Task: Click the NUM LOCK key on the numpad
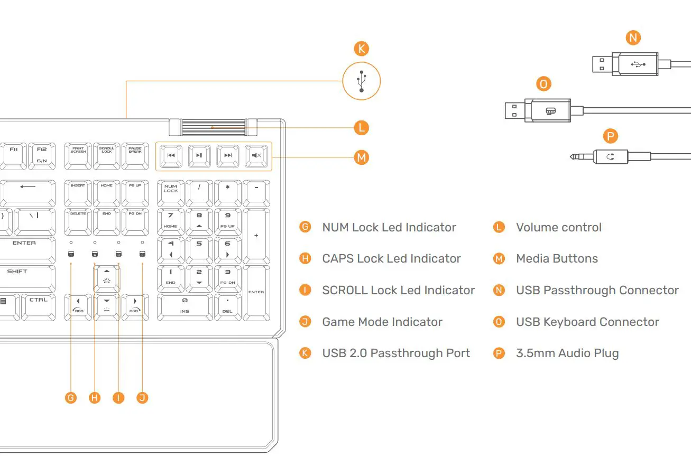tap(171, 193)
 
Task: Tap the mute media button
tap(256, 156)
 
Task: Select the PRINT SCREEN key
tap(78, 156)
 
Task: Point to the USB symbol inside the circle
tap(361, 81)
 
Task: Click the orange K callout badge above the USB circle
tap(361, 49)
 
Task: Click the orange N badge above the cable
tap(632, 38)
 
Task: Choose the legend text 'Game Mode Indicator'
tap(382, 322)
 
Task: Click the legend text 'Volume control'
tap(559, 228)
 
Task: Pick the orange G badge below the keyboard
tap(71, 398)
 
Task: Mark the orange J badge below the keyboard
tap(142, 398)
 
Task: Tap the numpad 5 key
tap(199, 250)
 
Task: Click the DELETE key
tap(78, 222)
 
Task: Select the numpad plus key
tap(256, 236)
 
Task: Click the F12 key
tap(42, 156)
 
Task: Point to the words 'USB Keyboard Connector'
tap(587, 322)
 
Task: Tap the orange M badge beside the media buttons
tap(361, 157)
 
